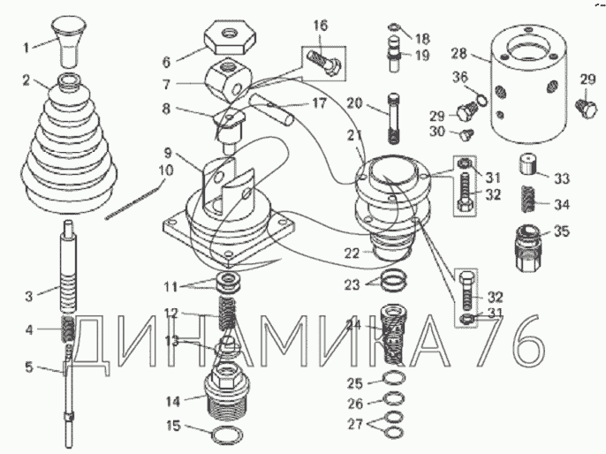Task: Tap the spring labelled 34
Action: click(x=528, y=203)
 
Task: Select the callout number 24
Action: click(x=354, y=324)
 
